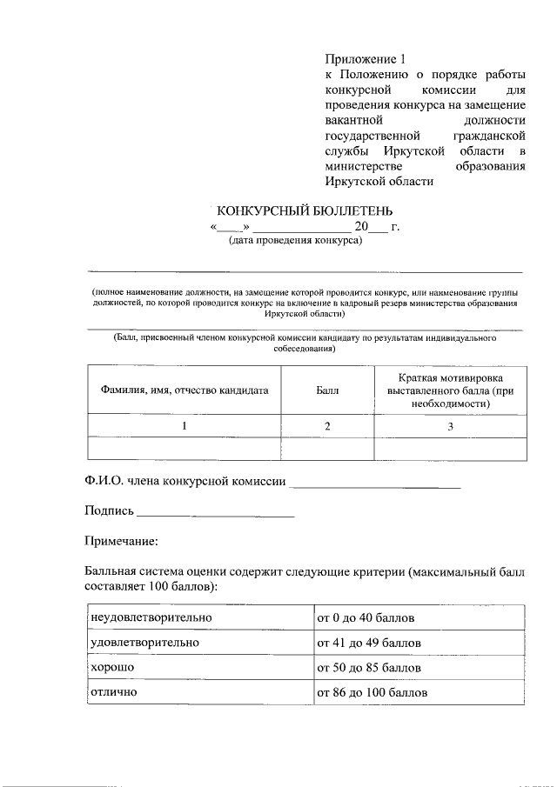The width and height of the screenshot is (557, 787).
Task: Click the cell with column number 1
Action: (184, 426)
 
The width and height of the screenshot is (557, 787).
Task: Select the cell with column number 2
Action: (327, 426)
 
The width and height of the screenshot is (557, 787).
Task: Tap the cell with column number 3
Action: (450, 426)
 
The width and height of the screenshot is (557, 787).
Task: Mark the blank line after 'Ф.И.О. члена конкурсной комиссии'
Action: (374, 484)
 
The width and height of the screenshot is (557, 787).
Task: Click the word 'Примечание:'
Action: (121, 541)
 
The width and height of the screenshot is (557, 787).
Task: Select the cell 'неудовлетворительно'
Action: (151, 617)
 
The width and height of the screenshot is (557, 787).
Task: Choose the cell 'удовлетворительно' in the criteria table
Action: (144, 642)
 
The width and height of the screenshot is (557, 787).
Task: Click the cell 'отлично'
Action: (114, 692)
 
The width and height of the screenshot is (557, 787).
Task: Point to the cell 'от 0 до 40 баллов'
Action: (366, 618)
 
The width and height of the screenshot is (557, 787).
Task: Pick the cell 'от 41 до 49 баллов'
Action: (369, 643)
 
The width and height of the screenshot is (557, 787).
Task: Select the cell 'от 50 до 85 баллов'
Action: (369, 668)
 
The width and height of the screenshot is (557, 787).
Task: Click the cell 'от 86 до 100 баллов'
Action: (372, 693)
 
